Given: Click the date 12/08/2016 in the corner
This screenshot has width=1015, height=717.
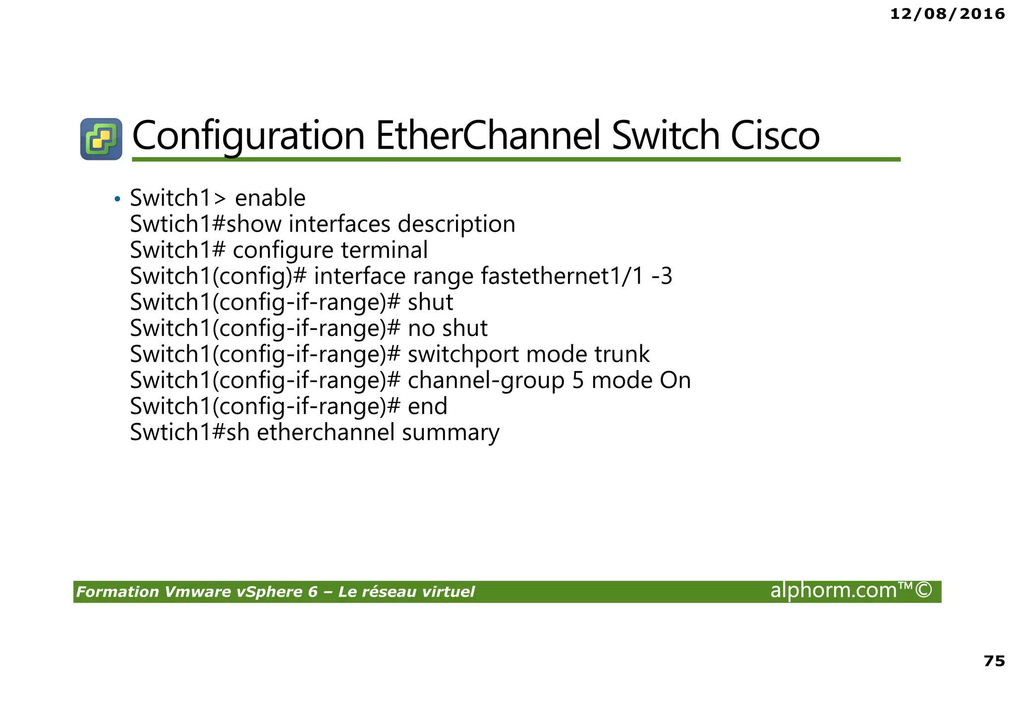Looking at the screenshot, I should (x=947, y=14).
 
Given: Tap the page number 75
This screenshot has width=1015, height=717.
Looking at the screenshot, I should (x=994, y=661).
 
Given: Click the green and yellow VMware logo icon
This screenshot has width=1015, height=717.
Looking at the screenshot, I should (x=101, y=139).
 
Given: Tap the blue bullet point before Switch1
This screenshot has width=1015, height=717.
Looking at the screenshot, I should (x=117, y=199).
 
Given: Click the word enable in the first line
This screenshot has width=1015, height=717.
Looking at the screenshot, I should (x=270, y=198).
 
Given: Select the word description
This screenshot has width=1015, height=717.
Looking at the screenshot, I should (x=456, y=224).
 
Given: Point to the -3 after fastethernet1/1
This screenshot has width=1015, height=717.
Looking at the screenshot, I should (x=662, y=276).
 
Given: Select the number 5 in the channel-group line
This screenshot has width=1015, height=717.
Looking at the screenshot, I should (x=578, y=381).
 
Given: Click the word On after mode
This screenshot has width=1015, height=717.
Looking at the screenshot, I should (x=675, y=381).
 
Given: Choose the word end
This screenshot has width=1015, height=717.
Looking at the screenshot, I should (x=427, y=406).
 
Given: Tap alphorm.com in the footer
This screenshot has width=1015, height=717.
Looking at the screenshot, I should (x=833, y=590).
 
